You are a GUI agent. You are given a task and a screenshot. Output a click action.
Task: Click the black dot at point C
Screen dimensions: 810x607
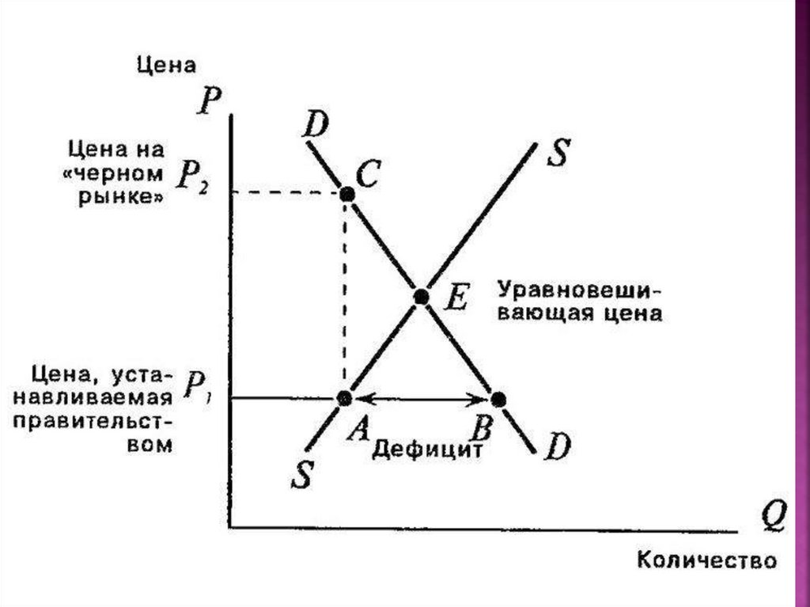coord(346,193)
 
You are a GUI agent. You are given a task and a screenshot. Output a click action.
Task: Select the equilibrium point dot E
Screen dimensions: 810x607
coord(421,297)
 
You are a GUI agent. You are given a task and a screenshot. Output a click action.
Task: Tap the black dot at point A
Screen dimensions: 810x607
coord(344,397)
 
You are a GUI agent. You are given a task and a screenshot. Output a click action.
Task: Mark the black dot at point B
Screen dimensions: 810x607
coord(498,397)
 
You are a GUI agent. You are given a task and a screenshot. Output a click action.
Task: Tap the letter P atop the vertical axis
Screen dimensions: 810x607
coord(210,103)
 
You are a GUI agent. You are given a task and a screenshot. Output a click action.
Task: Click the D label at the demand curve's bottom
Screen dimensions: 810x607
coord(557,448)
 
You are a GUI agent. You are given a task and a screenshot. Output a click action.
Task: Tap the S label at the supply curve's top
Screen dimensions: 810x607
coord(558,153)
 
